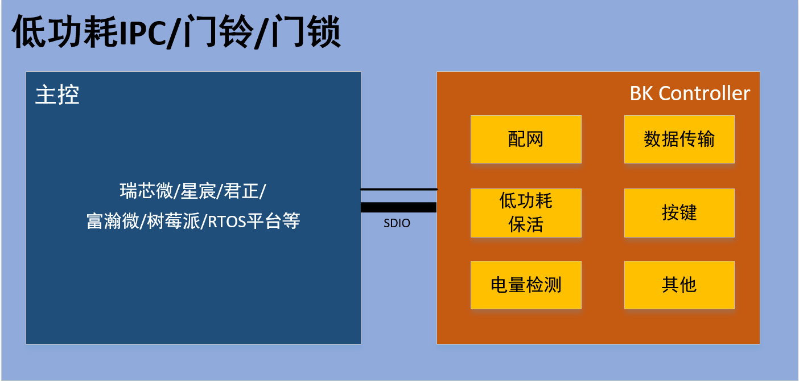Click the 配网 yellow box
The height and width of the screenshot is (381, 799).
526,139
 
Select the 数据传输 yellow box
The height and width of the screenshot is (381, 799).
679,139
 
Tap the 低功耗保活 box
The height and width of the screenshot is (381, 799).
526,212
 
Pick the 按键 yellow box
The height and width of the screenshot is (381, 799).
679,212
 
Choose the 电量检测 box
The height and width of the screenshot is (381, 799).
526,285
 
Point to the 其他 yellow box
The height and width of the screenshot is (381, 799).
679,285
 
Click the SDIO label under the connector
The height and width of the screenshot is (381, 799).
397,223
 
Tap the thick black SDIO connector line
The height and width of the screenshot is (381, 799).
398,207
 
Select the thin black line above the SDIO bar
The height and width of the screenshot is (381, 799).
398,189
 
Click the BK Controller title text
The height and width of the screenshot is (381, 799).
690,93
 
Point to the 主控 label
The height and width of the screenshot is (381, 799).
57,95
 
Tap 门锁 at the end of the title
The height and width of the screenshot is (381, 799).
305,33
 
